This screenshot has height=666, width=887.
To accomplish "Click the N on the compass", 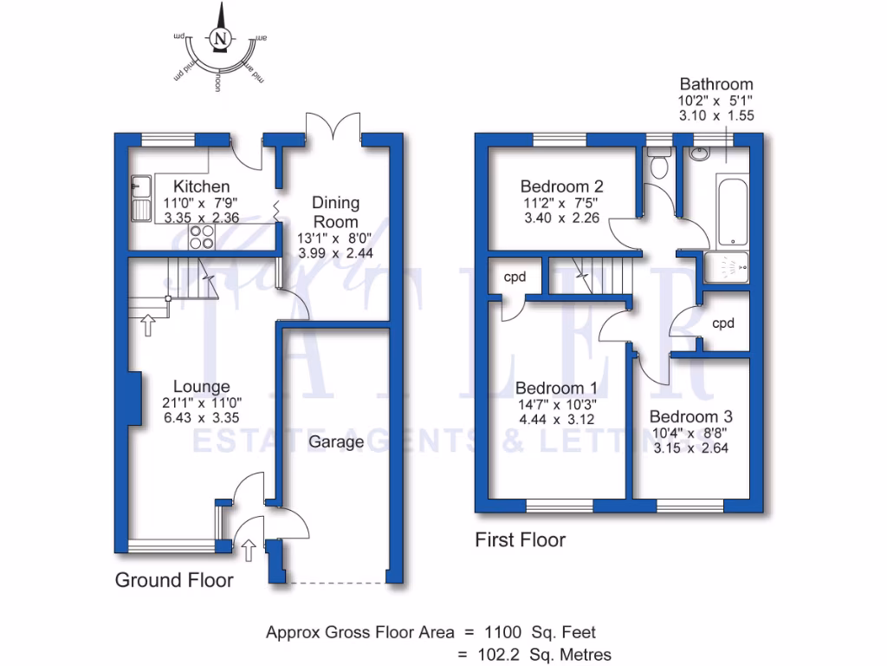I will coord(221,38).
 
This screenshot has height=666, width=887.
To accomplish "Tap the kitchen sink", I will coord(140,198).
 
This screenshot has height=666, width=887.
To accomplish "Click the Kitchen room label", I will coord(201,186).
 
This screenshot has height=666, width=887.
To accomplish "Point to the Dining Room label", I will coord(335,212).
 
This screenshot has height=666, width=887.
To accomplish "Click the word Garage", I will coord(337,442).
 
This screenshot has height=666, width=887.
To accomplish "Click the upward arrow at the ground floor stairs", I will coord(147,325).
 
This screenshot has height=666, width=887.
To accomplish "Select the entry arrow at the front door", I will coord(249,549).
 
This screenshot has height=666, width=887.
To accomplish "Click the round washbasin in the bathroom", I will coord(699,155).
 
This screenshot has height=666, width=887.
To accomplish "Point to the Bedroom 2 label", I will coord(561,186).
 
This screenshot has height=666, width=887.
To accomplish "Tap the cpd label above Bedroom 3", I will coord(723,323).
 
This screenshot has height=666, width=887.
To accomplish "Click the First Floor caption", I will coord(520,540).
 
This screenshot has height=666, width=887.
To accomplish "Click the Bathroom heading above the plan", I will coord(716,84).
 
